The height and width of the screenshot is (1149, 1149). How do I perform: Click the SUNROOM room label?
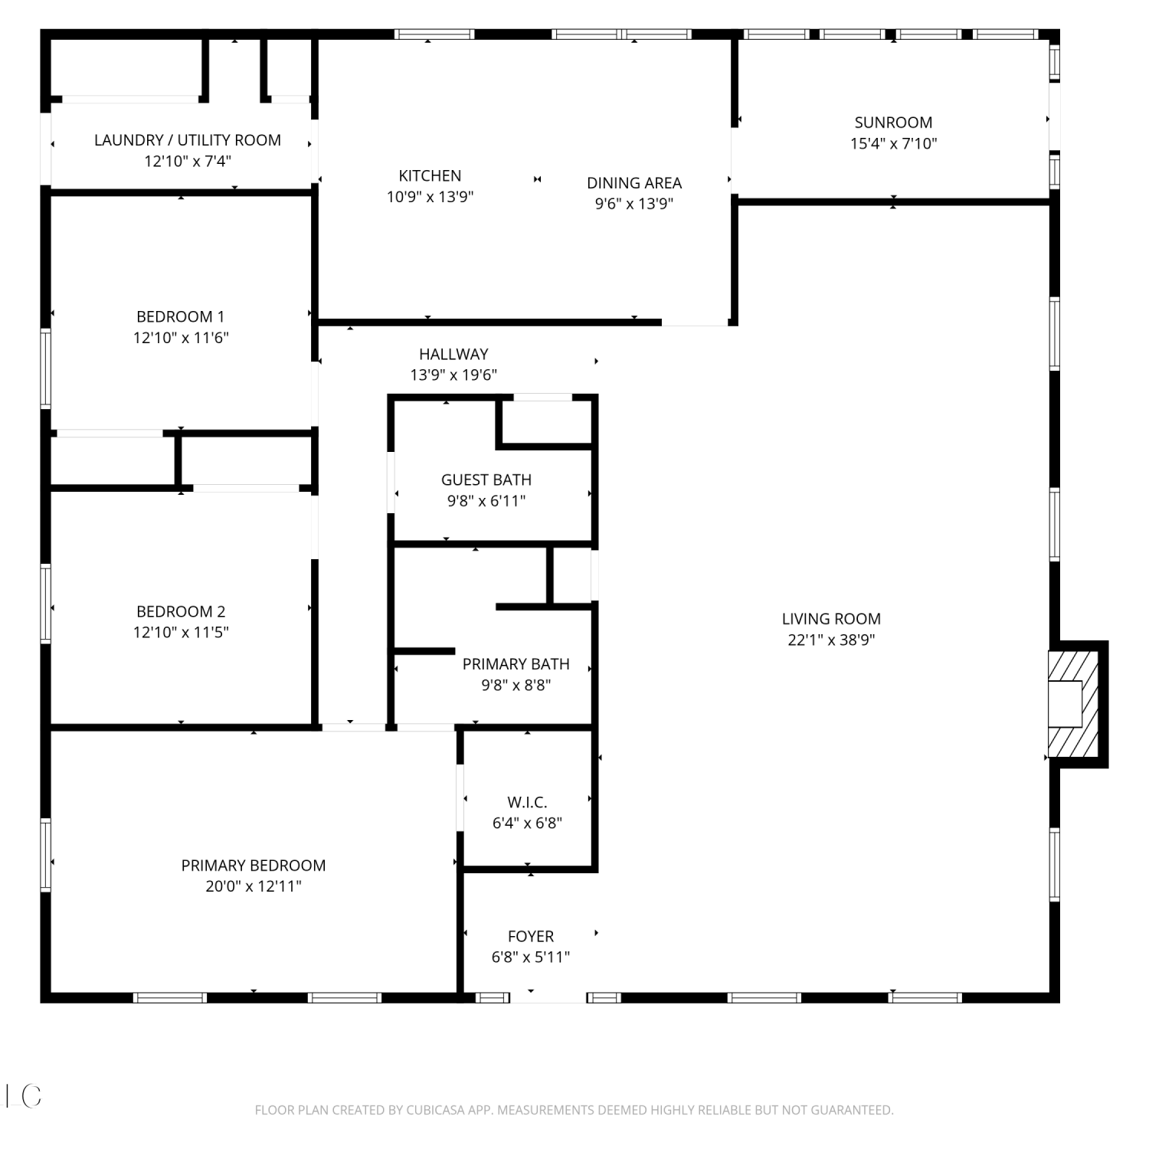pos(893,123)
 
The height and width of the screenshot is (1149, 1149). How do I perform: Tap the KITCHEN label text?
pos(430,175)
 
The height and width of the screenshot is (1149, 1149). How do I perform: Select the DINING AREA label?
pos(634,183)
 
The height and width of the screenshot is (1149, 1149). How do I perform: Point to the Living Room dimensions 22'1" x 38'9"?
pos(831,640)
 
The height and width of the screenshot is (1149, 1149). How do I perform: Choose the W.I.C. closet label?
pos(527,802)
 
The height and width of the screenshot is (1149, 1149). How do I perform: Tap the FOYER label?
pos(531,936)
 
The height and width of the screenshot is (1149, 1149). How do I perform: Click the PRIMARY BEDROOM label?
pos(254,866)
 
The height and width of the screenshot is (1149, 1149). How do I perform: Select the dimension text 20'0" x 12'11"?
pos(254,886)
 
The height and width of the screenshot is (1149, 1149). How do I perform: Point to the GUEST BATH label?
pos(486,480)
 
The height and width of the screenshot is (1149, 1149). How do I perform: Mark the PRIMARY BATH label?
pos(516,664)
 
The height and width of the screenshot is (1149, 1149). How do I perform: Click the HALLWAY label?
pos(453,354)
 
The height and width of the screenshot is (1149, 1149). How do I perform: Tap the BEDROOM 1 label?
pos(181,316)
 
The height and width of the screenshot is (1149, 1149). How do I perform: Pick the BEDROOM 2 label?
pos(181,611)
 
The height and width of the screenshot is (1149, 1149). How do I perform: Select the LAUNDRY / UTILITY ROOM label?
pos(188,140)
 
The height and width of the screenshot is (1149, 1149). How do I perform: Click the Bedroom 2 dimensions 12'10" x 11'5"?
pos(181,632)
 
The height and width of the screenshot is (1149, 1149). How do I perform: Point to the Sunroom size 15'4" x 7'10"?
pos(894,143)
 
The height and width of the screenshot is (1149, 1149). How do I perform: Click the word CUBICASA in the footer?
pos(431,1110)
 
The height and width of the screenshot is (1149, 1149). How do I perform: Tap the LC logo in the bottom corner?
pos(23,1096)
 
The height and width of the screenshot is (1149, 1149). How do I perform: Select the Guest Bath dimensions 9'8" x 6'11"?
pos(486,501)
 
